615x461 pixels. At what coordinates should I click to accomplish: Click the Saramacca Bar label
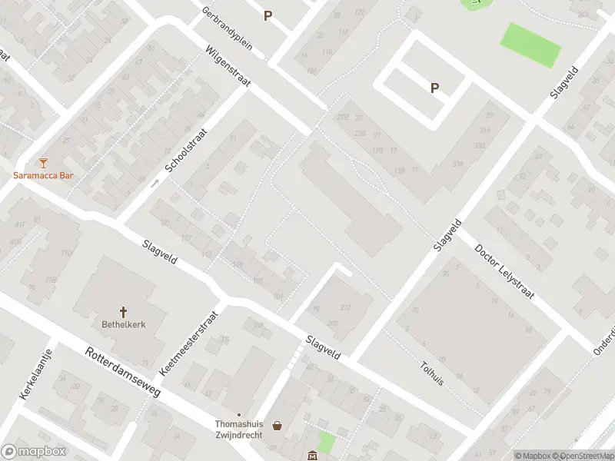(x=43, y=175)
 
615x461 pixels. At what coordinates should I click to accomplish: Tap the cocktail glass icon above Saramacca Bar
(x=43, y=162)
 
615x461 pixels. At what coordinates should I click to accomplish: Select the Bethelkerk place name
(x=123, y=324)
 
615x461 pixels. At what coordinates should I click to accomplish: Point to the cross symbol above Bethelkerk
(x=123, y=311)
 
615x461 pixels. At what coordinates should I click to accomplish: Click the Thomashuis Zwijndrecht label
(x=238, y=429)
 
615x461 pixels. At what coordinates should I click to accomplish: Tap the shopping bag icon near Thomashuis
(x=277, y=425)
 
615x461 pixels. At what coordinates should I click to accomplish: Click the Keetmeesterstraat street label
(x=190, y=343)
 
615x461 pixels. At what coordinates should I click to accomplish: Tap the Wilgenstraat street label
(x=228, y=70)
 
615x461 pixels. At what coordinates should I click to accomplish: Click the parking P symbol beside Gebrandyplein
(x=268, y=15)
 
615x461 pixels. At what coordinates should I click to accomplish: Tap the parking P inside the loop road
(x=434, y=88)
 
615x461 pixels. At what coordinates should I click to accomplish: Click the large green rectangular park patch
(x=530, y=45)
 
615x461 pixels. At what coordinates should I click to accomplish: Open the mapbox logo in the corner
(x=32, y=452)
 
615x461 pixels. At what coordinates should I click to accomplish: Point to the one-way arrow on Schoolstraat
(x=155, y=183)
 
